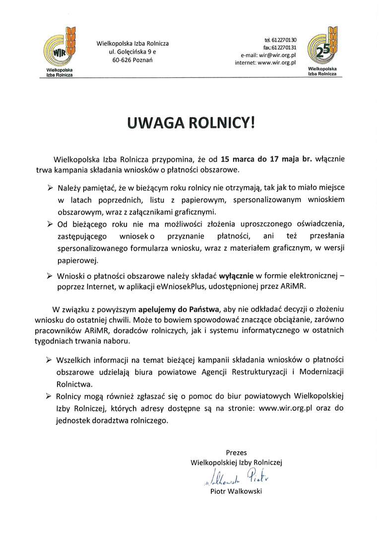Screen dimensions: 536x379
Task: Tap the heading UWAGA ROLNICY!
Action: click(190, 122)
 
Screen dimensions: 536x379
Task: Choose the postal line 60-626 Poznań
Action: click(132, 60)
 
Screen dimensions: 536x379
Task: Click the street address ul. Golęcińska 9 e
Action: click(132, 52)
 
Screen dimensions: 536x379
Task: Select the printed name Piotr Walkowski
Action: click(236, 492)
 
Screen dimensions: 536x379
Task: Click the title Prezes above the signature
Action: click(236, 453)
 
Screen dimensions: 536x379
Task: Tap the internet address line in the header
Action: click(265, 63)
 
